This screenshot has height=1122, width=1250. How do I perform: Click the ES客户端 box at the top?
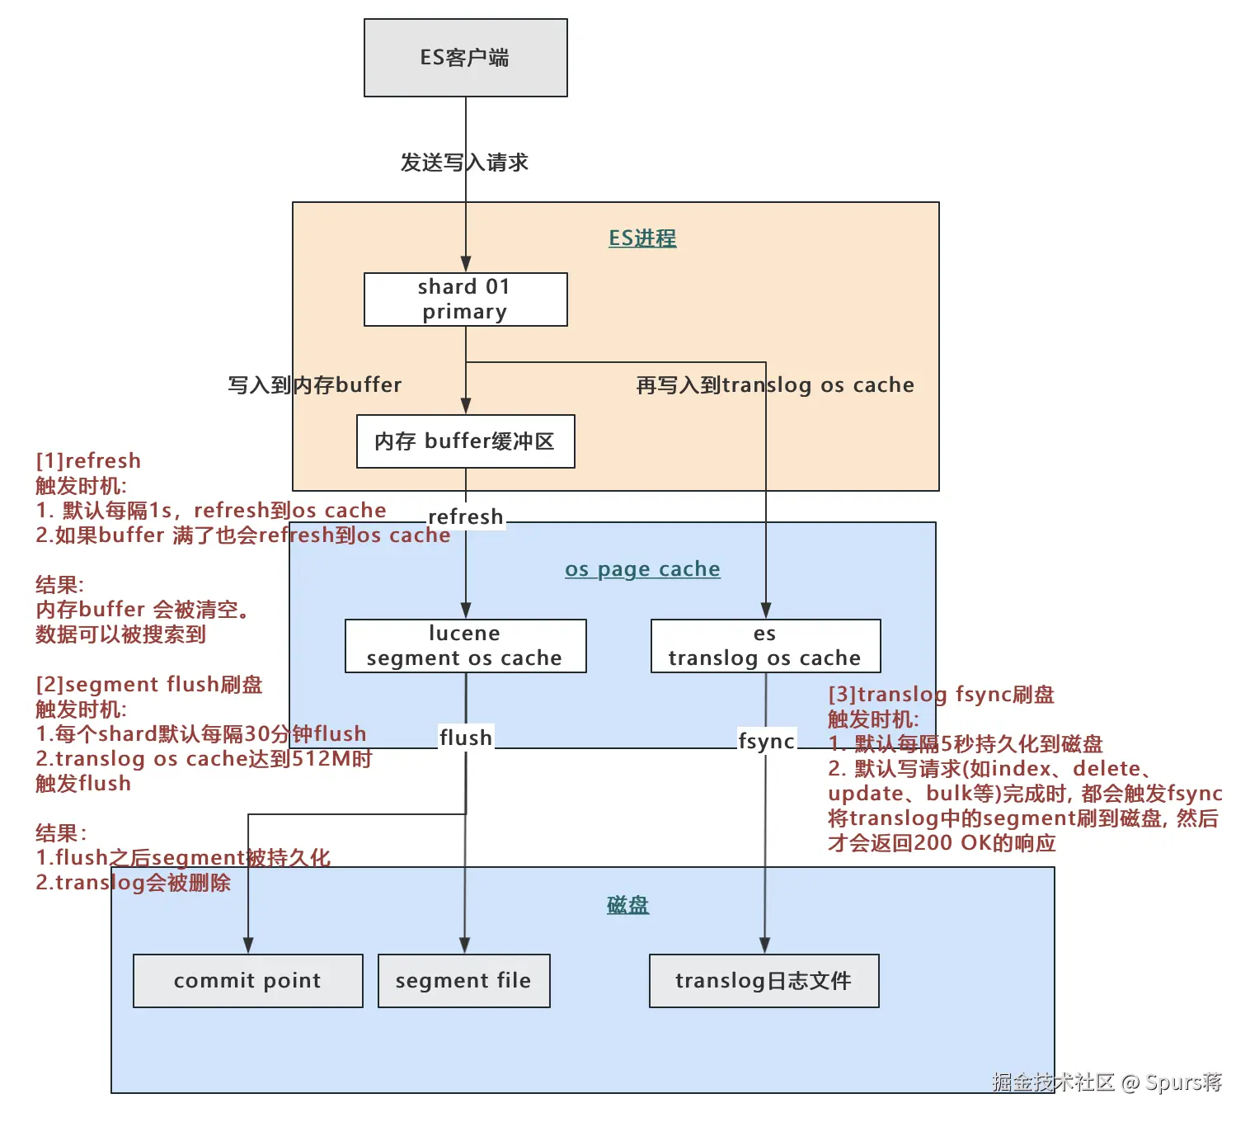pos(465,58)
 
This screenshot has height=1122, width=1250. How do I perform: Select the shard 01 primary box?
pos(465,299)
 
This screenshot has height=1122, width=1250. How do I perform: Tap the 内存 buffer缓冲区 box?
pos(465,441)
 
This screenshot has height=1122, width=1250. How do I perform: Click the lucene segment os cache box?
pos(465,646)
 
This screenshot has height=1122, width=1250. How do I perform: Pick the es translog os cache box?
pos(765,646)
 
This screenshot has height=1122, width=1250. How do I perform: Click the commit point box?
pos(247,981)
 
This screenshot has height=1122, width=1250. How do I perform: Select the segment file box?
pos(463,981)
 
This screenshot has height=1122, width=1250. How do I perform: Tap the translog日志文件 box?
pos(764,981)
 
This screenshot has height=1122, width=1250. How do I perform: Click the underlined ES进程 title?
pos(642,238)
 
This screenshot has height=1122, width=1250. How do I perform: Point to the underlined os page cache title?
pos(642,569)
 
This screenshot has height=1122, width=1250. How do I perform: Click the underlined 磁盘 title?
pos(627,906)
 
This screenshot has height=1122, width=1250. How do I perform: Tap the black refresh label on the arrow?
pos(466,517)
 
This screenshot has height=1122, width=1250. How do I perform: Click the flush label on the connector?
pos(466,738)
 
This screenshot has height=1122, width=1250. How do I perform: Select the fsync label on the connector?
pos(766,741)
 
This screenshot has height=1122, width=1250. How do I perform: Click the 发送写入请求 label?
pos(464,163)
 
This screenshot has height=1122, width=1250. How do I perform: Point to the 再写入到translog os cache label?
pos(775,385)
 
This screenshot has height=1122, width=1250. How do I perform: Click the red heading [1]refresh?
pos(88,461)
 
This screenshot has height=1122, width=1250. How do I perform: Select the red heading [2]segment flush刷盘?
pos(149,685)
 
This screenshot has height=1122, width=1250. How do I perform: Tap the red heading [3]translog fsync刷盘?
pos(941,695)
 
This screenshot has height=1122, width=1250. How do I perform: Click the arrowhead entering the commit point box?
pos(248,945)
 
